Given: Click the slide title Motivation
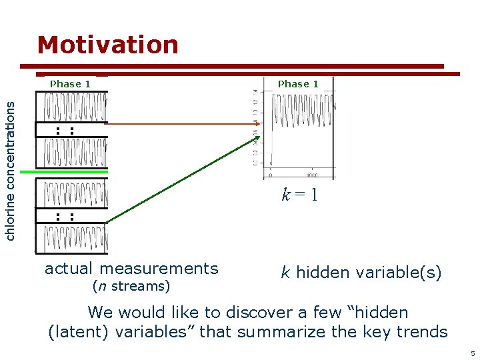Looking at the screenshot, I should (x=108, y=45).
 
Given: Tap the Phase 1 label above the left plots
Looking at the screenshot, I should (x=70, y=84).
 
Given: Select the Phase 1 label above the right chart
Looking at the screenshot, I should (x=298, y=84).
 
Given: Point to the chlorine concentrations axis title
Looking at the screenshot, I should (x=11, y=167).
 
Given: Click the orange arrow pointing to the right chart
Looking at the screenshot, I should (x=180, y=123).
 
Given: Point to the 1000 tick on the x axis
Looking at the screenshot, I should (x=311, y=175).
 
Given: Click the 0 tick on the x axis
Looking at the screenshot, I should (x=270, y=175).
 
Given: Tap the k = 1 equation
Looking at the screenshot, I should (x=299, y=195).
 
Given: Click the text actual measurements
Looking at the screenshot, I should (x=131, y=269).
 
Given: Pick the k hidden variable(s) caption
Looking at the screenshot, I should (x=361, y=272).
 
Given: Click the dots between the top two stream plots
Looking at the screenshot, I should (x=64, y=130).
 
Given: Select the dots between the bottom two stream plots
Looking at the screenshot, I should (x=64, y=216).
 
